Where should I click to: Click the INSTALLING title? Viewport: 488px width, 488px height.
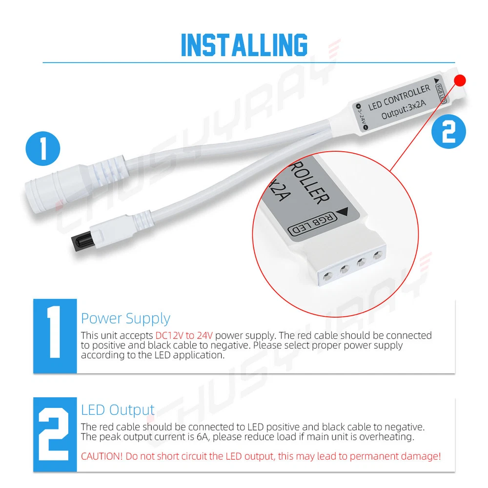pos(244,45)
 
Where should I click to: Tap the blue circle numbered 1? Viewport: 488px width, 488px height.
pos(43,148)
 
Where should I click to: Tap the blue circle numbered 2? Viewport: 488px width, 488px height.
pos(448,131)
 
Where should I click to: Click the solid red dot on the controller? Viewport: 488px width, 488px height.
pos(460,81)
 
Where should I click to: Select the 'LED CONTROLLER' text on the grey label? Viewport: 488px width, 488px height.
pos(399,98)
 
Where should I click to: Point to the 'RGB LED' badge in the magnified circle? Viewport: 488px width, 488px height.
pos(312,224)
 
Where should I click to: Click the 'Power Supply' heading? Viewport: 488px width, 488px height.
pos(125,319)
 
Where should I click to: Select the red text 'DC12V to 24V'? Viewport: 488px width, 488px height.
pos(184,335)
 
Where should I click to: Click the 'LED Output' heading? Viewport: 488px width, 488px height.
pos(118,410)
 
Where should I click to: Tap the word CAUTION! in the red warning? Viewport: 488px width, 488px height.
pos(102,456)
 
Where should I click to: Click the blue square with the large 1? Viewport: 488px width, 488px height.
pos(55,336)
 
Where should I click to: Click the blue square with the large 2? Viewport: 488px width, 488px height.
pos(55,434)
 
